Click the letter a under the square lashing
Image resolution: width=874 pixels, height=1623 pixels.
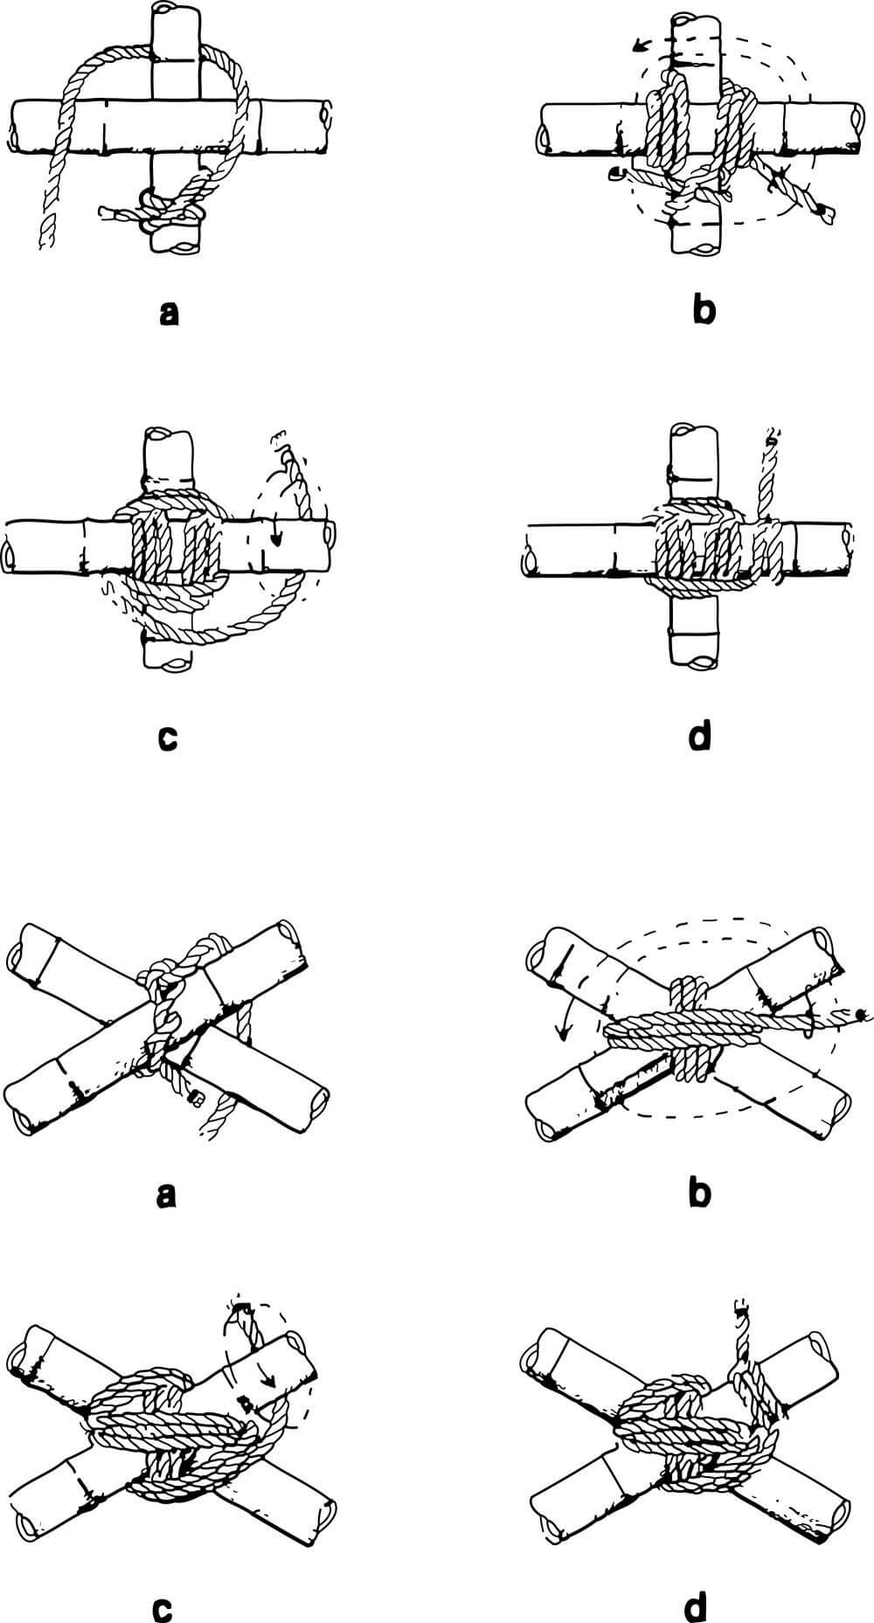tap(170, 312)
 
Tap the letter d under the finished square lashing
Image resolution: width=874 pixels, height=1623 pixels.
tap(700, 736)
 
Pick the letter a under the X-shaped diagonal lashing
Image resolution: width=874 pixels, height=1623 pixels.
tap(166, 1193)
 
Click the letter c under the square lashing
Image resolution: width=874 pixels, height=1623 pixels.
tap(168, 737)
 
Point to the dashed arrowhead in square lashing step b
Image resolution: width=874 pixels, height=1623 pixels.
tap(640, 44)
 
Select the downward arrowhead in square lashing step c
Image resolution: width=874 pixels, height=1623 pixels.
tap(276, 539)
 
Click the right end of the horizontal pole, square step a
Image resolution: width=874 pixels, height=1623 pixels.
tap(327, 114)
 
